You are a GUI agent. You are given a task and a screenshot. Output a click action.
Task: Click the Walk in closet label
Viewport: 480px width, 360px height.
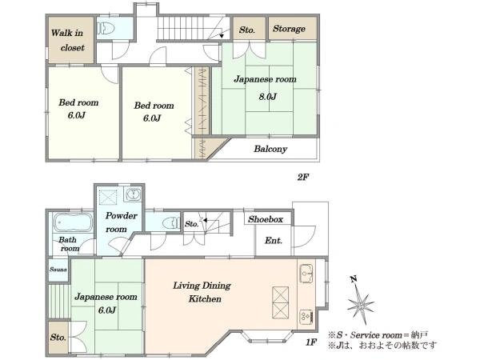click(x=67, y=40)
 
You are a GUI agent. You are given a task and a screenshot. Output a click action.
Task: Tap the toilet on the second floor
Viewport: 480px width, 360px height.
click(x=106, y=29)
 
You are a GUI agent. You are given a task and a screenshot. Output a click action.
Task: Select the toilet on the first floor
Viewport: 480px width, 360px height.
click(x=171, y=222)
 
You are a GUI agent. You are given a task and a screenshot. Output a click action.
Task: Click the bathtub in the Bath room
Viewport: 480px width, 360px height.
click(x=73, y=222)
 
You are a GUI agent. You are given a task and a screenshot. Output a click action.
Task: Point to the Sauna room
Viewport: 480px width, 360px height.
click(x=58, y=270)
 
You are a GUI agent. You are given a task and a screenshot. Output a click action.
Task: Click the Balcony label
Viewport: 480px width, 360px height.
click(x=270, y=149)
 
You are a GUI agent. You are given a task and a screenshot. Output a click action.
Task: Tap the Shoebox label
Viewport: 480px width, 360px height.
click(x=266, y=219)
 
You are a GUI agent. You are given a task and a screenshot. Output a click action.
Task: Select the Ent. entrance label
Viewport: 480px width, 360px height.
click(x=273, y=241)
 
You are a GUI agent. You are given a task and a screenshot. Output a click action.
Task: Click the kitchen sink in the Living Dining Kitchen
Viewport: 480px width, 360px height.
click(x=306, y=273)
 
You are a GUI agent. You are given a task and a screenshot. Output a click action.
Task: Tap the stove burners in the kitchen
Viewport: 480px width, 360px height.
click(x=306, y=318)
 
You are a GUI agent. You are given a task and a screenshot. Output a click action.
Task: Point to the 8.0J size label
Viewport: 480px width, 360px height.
click(x=267, y=97)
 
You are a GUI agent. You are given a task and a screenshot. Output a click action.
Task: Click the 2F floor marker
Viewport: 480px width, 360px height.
click(x=303, y=177)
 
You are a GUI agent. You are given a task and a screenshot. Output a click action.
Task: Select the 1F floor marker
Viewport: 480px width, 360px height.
click(x=311, y=342)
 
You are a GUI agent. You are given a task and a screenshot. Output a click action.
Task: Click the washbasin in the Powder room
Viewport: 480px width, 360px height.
click(x=133, y=194)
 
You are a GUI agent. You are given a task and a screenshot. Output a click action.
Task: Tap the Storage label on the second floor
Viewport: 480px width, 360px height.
click(x=289, y=29)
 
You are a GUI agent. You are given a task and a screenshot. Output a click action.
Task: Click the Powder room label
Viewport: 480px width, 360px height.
click(x=121, y=222)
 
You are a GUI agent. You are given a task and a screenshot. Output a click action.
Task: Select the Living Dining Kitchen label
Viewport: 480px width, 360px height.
click(x=202, y=292)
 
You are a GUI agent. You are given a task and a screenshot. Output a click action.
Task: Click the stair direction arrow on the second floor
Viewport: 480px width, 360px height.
click(x=221, y=32)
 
